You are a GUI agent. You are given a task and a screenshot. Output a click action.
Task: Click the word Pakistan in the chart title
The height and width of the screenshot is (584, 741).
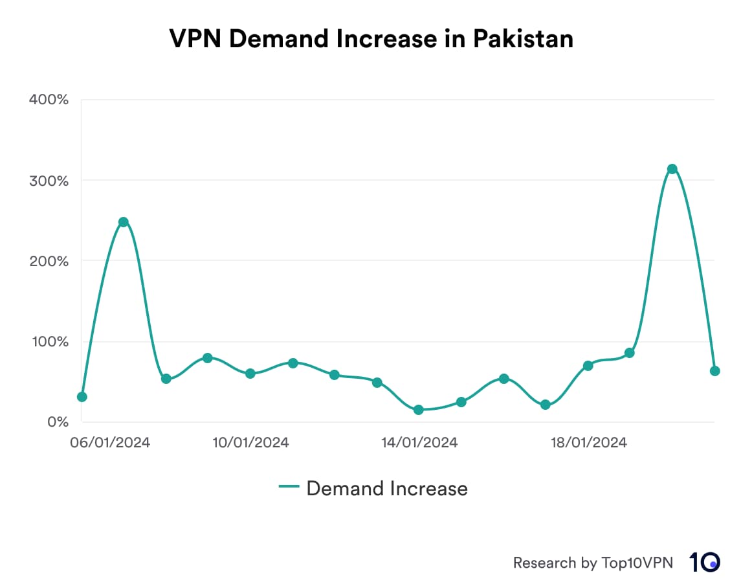523,39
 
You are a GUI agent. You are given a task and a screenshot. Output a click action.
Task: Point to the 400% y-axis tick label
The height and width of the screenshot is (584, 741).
49,100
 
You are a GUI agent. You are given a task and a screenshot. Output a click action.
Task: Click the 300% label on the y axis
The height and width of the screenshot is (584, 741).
49,181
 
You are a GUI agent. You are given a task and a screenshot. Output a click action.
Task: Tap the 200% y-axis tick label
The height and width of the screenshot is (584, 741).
49,261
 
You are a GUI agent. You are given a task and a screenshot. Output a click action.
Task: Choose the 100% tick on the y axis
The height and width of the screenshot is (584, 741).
49,341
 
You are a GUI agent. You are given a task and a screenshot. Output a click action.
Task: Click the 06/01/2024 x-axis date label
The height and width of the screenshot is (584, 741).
111,443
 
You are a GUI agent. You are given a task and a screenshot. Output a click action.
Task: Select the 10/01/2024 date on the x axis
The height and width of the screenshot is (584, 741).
250,443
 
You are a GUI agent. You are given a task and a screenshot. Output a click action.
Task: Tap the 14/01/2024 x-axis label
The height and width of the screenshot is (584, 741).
419,443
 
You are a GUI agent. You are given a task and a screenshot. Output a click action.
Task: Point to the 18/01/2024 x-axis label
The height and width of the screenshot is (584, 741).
588,443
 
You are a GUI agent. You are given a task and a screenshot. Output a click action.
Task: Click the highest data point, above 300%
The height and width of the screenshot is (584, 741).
672,169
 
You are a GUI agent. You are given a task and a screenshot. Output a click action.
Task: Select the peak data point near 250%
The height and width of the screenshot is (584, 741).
124,222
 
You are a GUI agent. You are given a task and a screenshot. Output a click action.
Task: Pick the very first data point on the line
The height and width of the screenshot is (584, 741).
82,397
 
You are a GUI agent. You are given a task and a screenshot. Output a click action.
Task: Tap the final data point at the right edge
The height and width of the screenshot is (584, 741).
714,371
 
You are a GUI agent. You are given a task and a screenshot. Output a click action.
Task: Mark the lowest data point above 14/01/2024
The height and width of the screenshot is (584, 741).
419,410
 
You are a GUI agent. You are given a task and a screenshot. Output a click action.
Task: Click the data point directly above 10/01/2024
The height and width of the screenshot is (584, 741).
250,374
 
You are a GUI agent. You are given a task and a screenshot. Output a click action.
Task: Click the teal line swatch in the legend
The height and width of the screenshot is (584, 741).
289,488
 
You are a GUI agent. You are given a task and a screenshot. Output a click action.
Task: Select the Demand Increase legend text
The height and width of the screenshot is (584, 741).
386,488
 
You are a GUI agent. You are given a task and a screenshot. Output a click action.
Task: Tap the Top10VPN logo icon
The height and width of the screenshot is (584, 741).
703,562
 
